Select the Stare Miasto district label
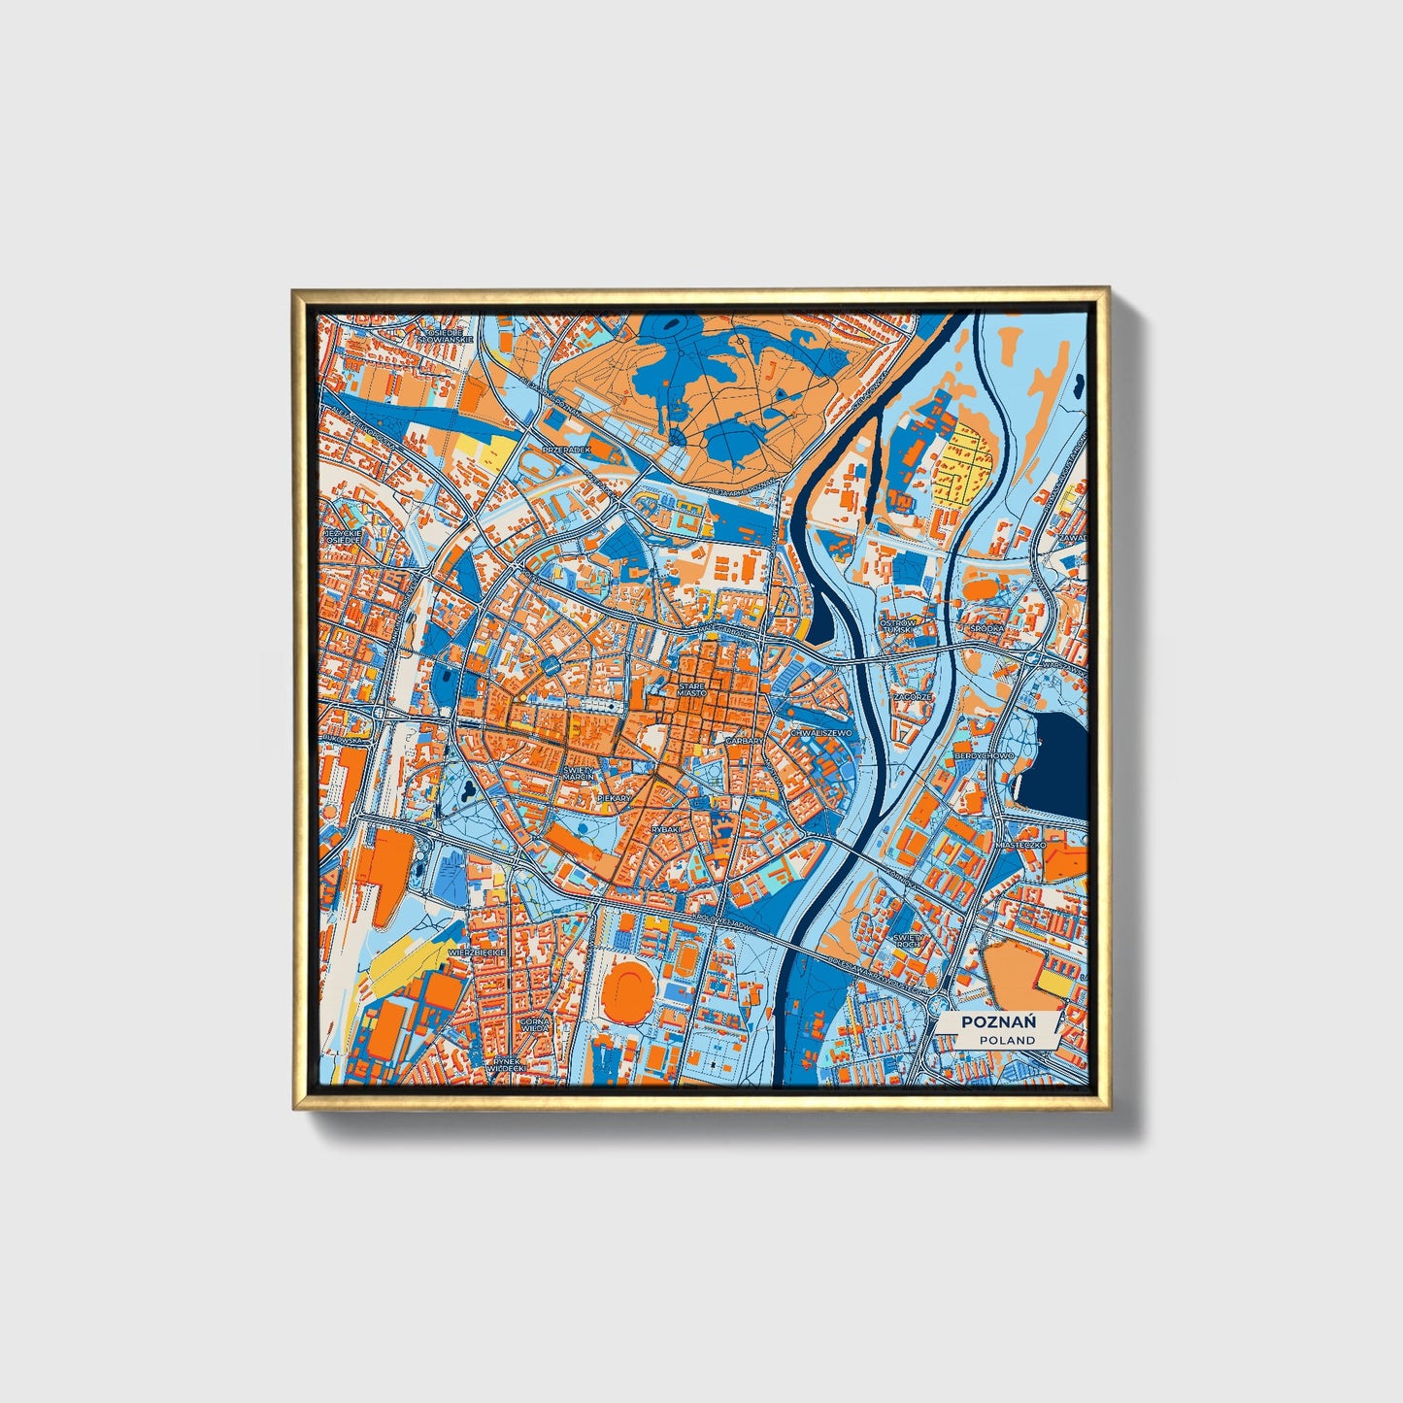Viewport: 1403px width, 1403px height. click(691, 689)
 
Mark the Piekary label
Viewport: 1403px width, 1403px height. click(614, 797)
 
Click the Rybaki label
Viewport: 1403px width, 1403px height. click(666, 829)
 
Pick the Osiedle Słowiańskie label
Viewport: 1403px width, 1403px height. click(449, 336)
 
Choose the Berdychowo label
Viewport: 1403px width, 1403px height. click(983, 754)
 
